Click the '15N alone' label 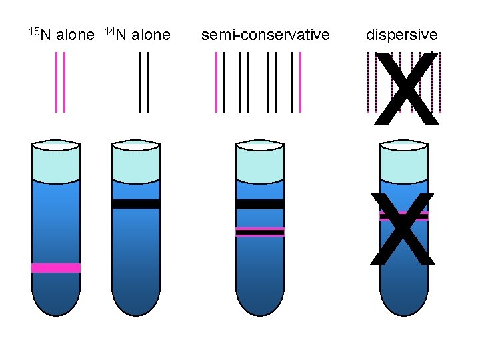pyautogui.click(x=61, y=35)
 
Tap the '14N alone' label pyautogui.click(x=138, y=35)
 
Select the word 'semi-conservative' pyautogui.click(x=265, y=35)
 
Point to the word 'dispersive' pyautogui.click(x=402, y=35)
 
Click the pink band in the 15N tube pyautogui.click(x=56, y=268)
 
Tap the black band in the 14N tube pyautogui.click(x=136, y=204)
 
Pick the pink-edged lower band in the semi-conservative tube pyautogui.click(x=260, y=231)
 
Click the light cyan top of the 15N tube pyautogui.click(x=56, y=161)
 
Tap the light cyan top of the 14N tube pyautogui.click(x=136, y=161)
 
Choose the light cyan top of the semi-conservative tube pyautogui.click(x=260, y=161)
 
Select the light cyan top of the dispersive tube pyautogui.click(x=403, y=161)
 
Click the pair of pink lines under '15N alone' pyautogui.click(x=61, y=82)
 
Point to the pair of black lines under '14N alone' pyautogui.click(x=144, y=82)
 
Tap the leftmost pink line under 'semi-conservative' pyautogui.click(x=217, y=82)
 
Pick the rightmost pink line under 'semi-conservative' pyautogui.click(x=301, y=82)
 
